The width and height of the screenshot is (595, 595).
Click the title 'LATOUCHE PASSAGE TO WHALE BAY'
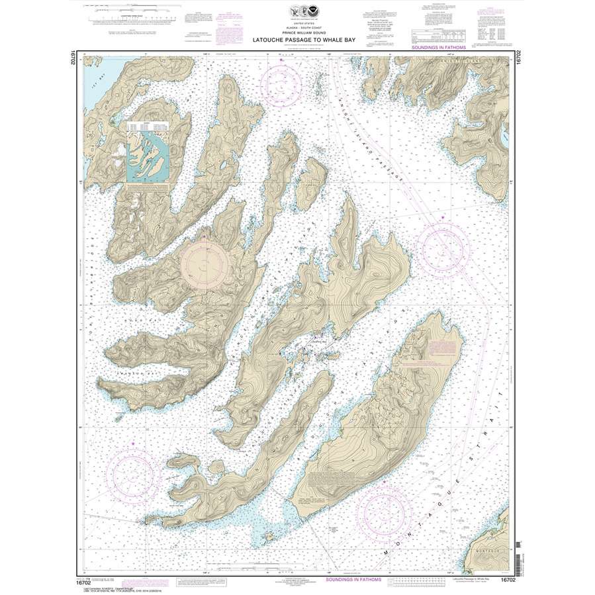coord(297,40)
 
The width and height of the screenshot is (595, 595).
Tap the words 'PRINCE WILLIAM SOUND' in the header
coord(297,34)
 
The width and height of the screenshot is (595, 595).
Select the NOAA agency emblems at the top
coord(297,11)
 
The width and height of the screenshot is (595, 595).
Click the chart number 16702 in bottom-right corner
coord(508,580)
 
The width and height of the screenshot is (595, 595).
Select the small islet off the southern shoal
coord(269,535)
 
